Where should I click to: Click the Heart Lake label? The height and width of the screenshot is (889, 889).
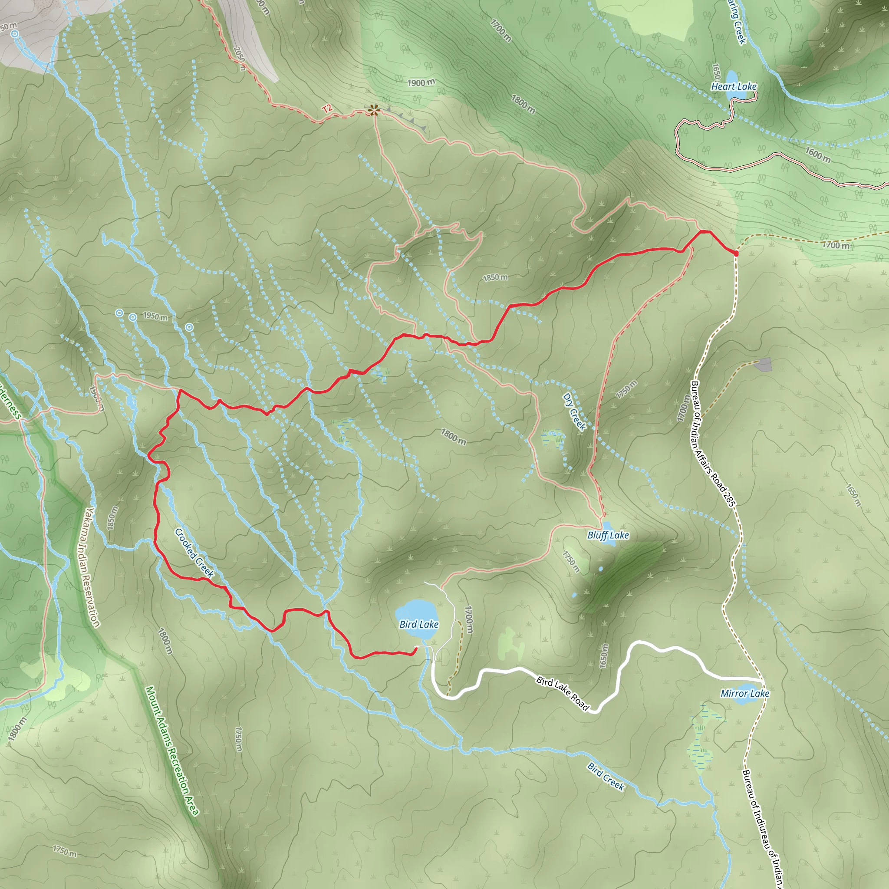click(x=734, y=86)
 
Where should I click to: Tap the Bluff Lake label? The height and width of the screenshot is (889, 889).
click(x=608, y=535)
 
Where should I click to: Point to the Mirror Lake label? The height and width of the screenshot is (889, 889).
click(x=744, y=693)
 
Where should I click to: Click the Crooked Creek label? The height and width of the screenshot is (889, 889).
click(x=194, y=553)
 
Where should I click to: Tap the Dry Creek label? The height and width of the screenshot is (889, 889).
click(x=574, y=412)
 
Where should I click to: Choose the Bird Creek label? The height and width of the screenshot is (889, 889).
click(x=606, y=776)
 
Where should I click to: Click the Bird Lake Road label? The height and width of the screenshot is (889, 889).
click(x=563, y=692)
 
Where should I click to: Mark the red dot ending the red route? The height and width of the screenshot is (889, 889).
click(x=735, y=253)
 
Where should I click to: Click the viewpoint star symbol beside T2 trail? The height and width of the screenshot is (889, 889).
click(x=374, y=109)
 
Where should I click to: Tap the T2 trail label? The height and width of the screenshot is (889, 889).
click(x=327, y=109)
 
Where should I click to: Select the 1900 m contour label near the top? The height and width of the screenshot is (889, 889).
click(x=421, y=83)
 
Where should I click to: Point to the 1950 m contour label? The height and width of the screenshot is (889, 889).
click(x=155, y=316)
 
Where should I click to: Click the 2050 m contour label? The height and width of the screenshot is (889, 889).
click(x=240, y=59)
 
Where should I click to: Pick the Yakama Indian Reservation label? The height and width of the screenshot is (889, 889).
click(x=92, y=567)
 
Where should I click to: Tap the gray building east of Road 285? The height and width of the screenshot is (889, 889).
click(x=764, y=365)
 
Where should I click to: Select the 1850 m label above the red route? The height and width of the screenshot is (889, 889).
click(x=495, y=277)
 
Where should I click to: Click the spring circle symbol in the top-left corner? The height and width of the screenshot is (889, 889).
click(x=15, y=33)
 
